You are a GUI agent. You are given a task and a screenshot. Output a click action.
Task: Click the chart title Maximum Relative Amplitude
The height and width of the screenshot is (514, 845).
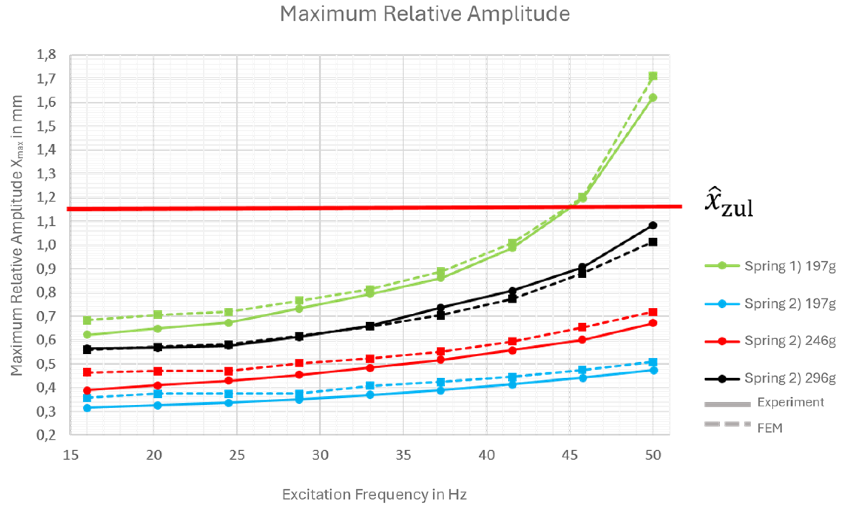pos(425,14)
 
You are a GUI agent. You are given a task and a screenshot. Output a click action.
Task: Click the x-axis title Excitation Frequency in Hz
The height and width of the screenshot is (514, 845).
pos(374,494)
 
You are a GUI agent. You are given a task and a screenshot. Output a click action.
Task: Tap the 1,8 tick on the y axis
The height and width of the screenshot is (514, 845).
pos(46,55)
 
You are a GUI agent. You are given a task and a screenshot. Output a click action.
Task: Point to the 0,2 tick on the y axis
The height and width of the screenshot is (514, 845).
pos(46,435)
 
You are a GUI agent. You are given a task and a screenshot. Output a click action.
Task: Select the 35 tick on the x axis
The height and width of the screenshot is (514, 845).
pos(403,455)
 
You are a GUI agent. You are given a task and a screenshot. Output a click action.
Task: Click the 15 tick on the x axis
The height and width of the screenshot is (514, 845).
pos(71,455)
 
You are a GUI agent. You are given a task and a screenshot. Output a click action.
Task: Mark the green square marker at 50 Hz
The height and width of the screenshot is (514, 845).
pos(653,76)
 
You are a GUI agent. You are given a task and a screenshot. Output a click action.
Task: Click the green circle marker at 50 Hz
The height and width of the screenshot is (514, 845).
pos(653,98)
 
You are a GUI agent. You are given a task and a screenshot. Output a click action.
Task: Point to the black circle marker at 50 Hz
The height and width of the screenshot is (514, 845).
pos(653,225)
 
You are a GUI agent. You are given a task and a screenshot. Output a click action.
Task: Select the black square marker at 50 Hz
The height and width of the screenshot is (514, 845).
pos(653,242)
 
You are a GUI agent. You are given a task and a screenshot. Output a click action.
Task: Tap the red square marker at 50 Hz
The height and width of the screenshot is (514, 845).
pos(653,312)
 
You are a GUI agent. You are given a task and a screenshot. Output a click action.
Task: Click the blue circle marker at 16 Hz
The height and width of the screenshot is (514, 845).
pos(87,408)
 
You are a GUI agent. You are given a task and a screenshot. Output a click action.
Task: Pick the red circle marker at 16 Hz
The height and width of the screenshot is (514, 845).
pos(87,390)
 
